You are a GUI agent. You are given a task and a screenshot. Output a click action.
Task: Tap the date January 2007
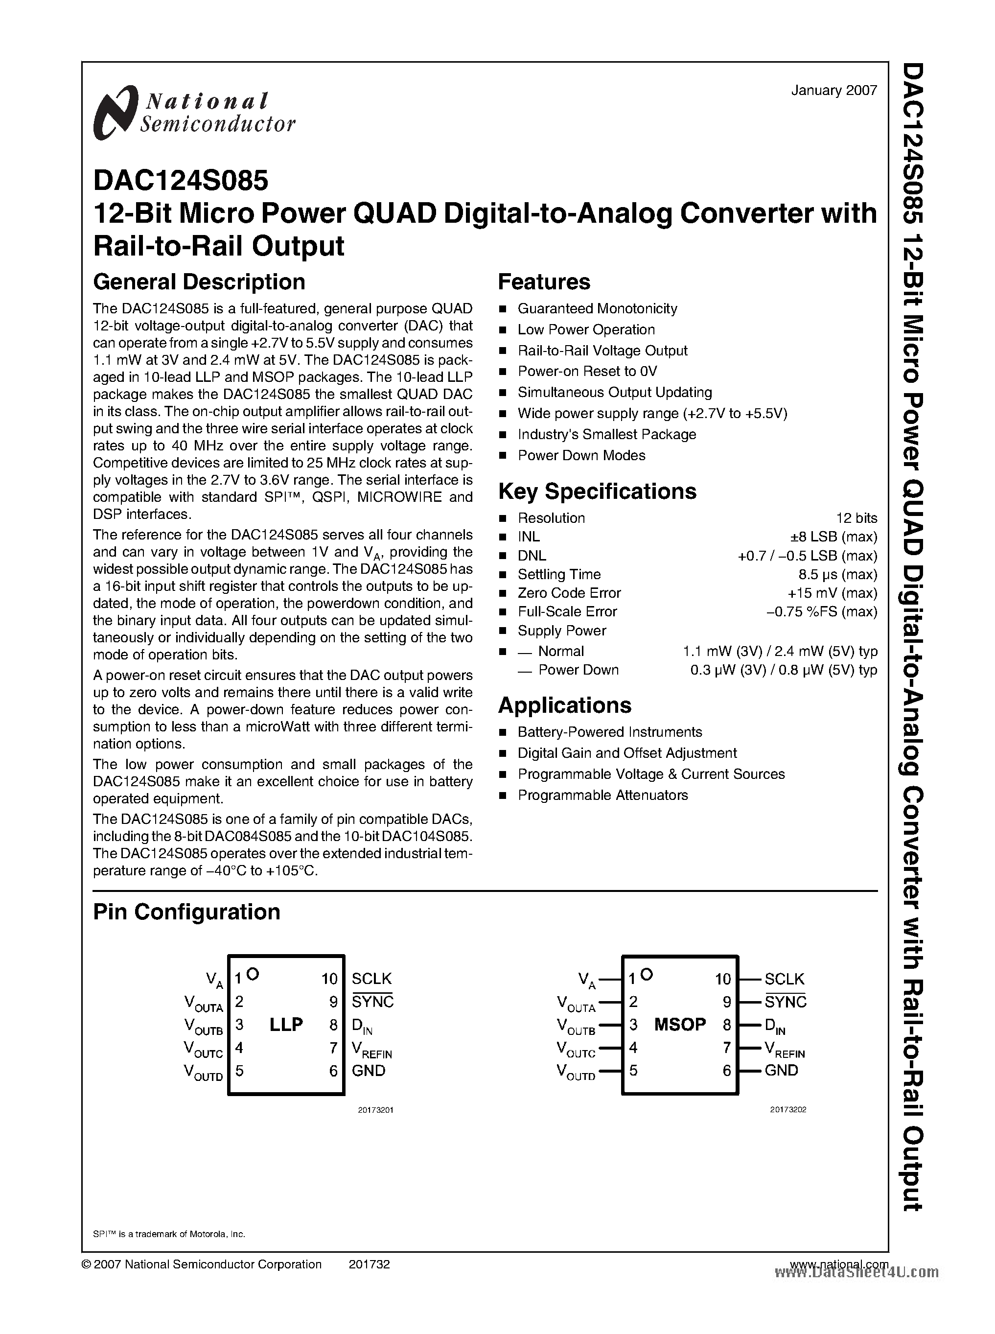[833, 91]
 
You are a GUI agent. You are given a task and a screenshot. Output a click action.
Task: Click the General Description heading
[199, 282]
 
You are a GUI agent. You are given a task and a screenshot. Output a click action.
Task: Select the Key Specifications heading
[597, 491]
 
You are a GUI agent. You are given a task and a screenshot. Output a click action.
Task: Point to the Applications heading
[564, 705]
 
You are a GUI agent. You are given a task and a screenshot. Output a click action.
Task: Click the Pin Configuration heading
[186, 912]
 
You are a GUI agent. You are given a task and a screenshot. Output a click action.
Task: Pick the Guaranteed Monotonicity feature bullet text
[597, 309]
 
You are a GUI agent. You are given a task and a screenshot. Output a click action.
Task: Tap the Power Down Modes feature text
[581, 455]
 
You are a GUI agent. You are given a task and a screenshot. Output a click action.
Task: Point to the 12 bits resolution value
[856, 518]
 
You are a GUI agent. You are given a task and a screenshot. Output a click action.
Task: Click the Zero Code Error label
[569, 593]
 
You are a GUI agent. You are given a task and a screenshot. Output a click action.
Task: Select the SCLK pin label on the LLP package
[371, 979]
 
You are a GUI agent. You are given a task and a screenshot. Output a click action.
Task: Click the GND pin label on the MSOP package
[781, 1070]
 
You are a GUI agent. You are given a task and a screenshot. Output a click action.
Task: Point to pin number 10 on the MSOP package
[723, 979]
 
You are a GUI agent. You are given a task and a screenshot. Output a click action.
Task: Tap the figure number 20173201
[375, 1110]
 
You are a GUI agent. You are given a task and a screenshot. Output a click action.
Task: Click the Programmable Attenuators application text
[602, 796]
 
